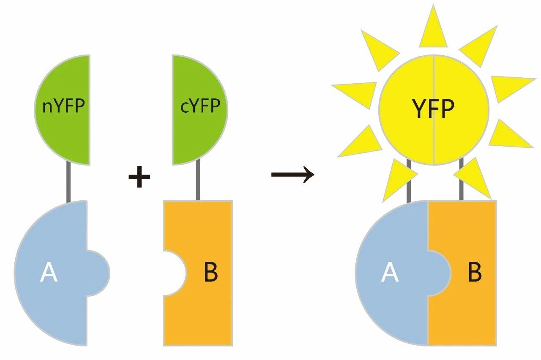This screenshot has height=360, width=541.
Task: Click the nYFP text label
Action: tap(64, 106)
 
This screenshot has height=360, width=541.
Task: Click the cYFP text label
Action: tap(200, 106)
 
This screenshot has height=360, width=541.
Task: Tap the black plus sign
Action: tap(139, 177)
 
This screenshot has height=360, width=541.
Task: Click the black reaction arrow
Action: tap(292, 174)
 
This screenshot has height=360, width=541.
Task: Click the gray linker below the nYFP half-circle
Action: tap(68, 183)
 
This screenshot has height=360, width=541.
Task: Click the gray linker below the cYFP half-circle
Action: tap(198, 183)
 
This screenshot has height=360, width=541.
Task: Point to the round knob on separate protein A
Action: tap(100, 273)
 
